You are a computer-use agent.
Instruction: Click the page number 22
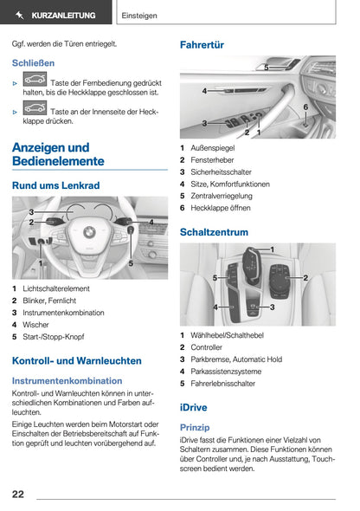point(17,494)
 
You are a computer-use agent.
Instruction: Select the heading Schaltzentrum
point(214,232)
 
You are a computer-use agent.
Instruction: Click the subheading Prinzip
point(194,427)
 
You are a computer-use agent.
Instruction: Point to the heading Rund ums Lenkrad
point(55,185)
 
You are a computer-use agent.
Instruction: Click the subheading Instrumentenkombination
point(67,380)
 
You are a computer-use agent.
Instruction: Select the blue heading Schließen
point(33,63)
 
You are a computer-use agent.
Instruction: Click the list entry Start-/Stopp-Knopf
point(54,337)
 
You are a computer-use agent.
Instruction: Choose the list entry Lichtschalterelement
point(56,288)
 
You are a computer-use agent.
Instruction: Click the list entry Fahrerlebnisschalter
point(222,384)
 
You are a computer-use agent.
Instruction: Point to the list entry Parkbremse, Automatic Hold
point(236,359)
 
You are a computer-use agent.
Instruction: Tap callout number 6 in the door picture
point(305,107)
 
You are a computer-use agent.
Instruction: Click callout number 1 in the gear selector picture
point(272,249)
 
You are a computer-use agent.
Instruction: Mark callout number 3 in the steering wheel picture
point(31,212)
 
